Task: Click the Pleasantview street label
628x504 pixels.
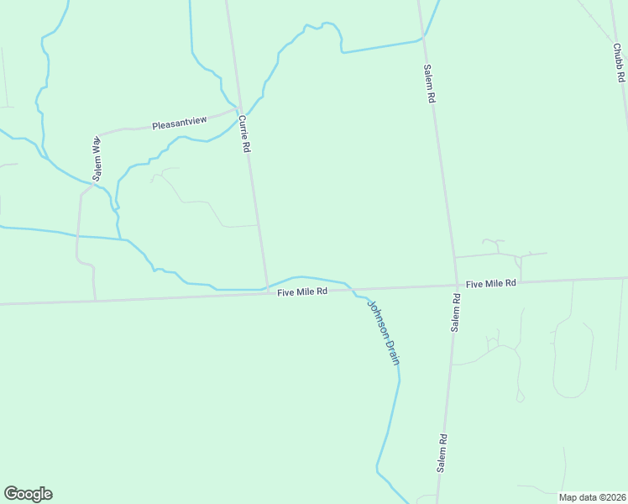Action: (x=179, y=124)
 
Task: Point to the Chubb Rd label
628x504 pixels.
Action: (x=619, y=63)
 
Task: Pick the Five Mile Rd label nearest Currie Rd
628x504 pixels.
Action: (x=303, y=292)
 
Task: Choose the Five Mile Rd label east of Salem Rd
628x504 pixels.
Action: (x=490, y=284)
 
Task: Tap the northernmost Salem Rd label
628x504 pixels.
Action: (x=428, y=83)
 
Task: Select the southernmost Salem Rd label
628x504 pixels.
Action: (x=441, y=453)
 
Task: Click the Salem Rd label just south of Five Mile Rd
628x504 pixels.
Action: (x=454, y=312)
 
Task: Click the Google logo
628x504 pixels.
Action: (x=28, y=494)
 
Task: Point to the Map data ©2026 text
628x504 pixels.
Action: (x=592, y=497)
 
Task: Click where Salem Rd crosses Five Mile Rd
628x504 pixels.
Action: (x=457, y=286)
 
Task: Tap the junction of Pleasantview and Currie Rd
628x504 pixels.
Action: (x=238, y=109)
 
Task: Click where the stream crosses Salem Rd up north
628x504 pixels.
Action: (x=424, y=38)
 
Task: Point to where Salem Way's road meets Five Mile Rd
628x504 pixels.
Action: (x=95, y=300)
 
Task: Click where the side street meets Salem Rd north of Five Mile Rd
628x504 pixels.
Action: (x=454, y=256)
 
